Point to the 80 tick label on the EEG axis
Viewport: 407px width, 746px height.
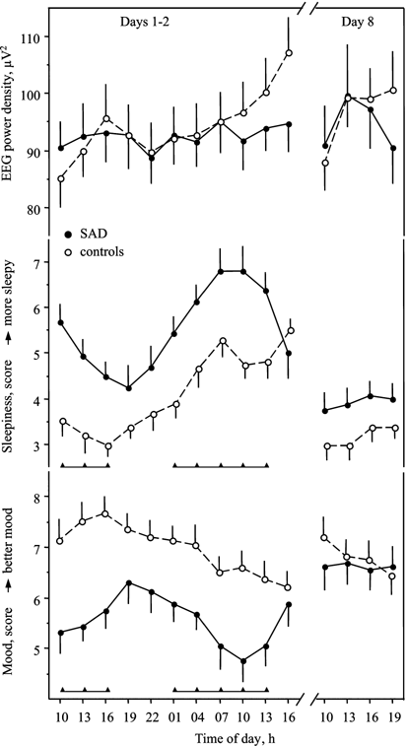coord(35,209)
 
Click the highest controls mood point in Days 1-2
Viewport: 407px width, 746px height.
coord(106,513)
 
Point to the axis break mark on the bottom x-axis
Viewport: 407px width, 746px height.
coord(313,698)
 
